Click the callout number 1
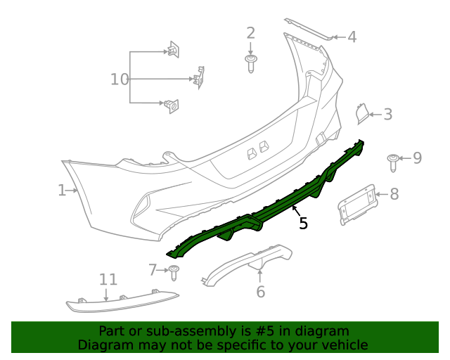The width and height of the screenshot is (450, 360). [62, 190]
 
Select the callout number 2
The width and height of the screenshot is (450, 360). [250, 33]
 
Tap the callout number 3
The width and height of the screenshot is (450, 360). [387, 114]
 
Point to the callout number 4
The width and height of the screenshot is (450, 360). [352, 37]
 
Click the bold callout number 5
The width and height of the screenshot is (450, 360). [303, 224]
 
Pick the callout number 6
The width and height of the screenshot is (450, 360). [260, 291]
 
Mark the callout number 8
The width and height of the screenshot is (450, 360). [394, 193]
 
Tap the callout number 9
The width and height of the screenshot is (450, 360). [417, 157]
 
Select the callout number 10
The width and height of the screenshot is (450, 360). [120, 79]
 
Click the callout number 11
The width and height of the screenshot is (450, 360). [108, 280]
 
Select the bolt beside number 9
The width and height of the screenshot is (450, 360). [394, 162]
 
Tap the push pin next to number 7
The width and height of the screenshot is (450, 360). [174, 271]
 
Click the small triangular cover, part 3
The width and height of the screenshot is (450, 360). [360, 113]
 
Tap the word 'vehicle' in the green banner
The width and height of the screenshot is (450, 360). [342, 345]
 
